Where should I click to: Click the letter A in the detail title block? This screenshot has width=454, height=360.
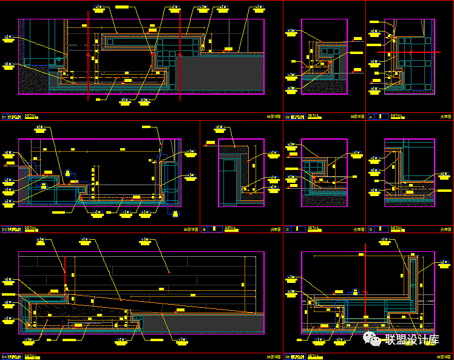coord(371,116)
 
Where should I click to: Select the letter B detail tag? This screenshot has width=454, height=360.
coord(205,229)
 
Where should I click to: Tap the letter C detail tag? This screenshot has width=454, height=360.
coord(288,229)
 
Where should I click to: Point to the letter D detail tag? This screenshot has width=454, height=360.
coord(371,229)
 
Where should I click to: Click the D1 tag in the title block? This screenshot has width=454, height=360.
coord(4,116)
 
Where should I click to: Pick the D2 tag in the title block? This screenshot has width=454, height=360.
coord(288,116)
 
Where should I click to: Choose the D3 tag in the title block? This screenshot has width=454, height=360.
coord(4,229)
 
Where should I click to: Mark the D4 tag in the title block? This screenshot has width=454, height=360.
coord(4,355)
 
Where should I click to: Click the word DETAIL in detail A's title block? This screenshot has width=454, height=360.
coord(396,115)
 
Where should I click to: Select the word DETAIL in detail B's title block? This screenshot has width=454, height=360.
coord(231,229)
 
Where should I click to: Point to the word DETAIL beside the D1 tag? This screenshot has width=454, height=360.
coord(30,115)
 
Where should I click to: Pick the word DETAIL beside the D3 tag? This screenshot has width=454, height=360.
coord(30,229)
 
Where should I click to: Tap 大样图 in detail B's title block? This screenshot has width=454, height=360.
coord(276,230)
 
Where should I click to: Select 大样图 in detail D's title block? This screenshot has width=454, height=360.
coord(446,230)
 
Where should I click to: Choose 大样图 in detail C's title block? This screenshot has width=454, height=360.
coord(359,230)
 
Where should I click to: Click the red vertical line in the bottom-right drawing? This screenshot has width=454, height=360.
coord(365,279)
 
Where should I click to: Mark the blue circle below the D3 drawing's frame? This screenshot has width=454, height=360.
coord(175,214)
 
